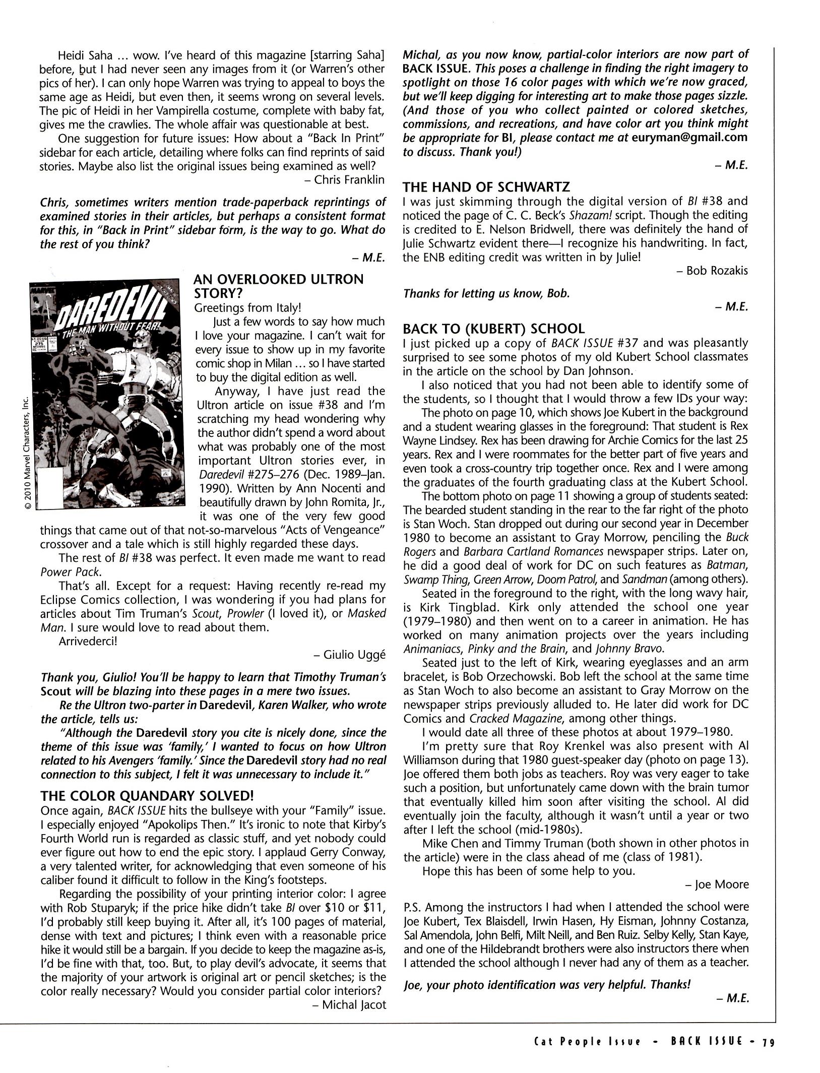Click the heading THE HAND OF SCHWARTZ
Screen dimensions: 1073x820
pyautogui.click(x=486, y=187)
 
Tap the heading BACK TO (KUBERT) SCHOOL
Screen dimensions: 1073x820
pyautogui.click(x=493, y=329)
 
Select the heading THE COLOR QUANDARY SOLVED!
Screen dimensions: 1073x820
pyautogui.click(x=146, y=796)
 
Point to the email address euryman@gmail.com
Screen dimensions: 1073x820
pyautogui.click(x=689, y=138)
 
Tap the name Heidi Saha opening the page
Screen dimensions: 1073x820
pyautogui.click(x=85, y=55)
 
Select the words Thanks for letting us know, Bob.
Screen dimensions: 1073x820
pyautogui.click(x=486, y=293)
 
